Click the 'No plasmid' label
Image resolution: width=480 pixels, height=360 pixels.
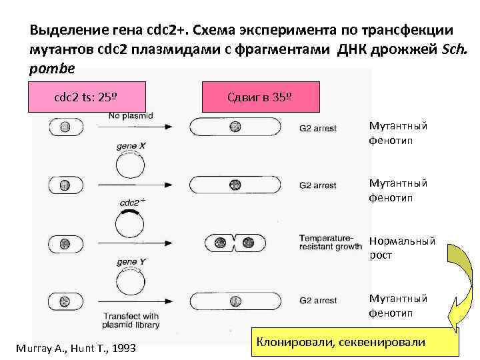tap(130, 116)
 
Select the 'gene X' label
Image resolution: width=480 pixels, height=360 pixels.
tap(131, 144)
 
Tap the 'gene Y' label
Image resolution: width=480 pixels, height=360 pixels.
tap(131, 261)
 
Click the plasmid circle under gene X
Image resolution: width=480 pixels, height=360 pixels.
tap(131, 163)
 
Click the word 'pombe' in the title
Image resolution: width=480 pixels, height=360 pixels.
tap(52, 68)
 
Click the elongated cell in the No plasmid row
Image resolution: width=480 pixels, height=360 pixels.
tap(235, 127)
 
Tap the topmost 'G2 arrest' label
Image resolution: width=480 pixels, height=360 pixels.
tap(318, 127)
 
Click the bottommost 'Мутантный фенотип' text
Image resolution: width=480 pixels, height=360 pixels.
tap(398, 305)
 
